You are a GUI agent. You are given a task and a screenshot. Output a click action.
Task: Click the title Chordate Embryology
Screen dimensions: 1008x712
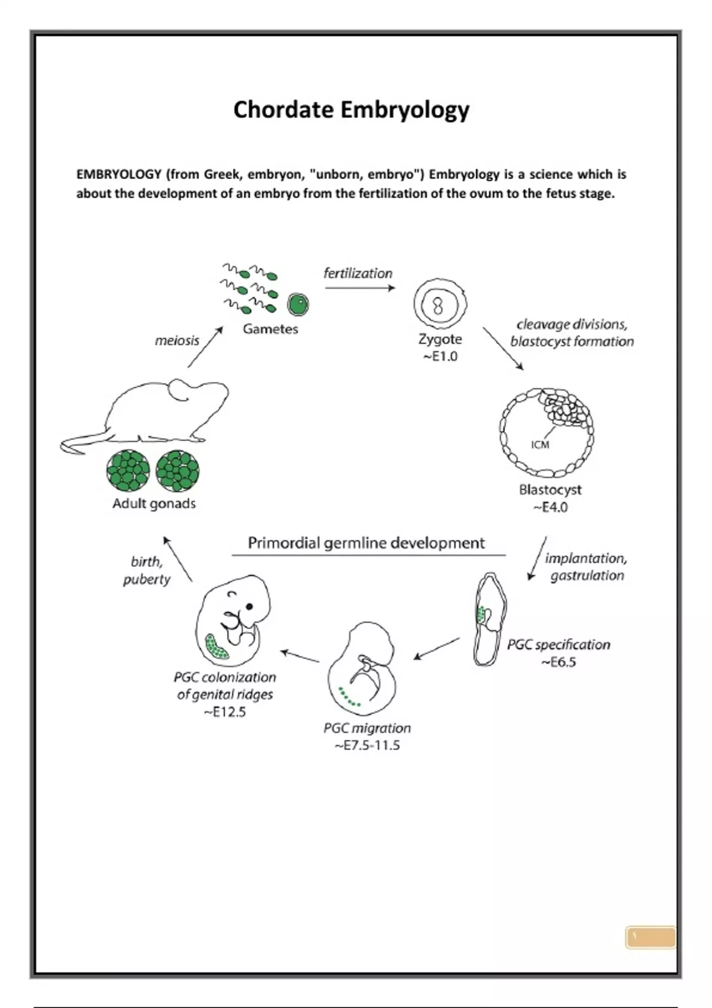(351, 110)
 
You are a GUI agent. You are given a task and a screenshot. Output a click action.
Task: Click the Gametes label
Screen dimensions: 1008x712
(270, 329)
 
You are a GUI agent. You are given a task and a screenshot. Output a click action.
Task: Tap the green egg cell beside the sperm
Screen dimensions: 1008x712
(298, 305)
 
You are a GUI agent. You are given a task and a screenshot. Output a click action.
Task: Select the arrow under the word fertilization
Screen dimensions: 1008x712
(360, 288)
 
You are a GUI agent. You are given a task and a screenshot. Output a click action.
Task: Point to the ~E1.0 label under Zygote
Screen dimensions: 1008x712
(440, 356)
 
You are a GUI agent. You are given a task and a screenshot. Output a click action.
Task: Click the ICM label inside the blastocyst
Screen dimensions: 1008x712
(540, 445)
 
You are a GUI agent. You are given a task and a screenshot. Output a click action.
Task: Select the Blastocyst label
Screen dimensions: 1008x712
(550, 490)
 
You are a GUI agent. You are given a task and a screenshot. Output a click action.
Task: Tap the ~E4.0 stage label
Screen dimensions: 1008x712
(550, 508)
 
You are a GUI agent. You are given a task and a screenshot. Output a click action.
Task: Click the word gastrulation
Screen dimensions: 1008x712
(587, 575)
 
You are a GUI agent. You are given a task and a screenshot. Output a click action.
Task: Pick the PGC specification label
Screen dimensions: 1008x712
(558, 645)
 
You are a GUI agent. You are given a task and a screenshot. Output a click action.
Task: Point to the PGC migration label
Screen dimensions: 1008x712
(367, 728)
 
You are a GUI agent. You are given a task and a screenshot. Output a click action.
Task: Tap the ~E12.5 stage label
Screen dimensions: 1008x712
(225, 712)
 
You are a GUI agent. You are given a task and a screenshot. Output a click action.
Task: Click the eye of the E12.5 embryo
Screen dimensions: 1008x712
(250, 606)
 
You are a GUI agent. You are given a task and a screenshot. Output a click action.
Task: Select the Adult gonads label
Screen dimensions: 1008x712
(154, 503)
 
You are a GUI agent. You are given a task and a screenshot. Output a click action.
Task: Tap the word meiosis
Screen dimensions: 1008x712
(177, 340)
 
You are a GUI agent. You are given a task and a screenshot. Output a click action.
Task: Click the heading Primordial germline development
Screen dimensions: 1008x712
(366, 543)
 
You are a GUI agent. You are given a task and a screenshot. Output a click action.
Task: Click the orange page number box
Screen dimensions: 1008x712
(650, 937)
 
